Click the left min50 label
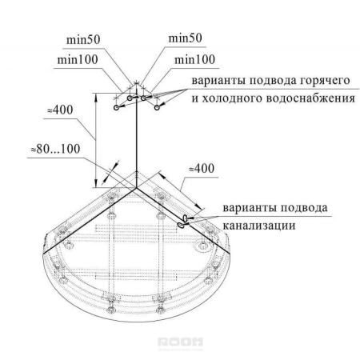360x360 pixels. pyautogui.click(x=83, y=40)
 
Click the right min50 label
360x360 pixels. pyautogui.click(x=185, y=38)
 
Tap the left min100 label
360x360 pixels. pyautogui.click(x=78, y=59)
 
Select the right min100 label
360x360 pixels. pyautogui.click(x=194, y=59)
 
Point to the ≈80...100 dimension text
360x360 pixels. pyautogui.click(x=55, y=149)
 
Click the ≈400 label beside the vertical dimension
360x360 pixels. pyautogui.click(x=60, y=110)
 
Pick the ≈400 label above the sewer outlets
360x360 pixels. pyautogui.click(x=202, y=169)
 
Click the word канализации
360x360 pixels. pyautogui.click(x=259, y=226)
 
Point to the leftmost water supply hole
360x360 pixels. pyautogui.click(x=116, y=107)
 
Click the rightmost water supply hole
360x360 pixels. pyautogui.click(x=157, y=107)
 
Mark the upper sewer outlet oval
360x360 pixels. pyautogui.click(x=185, y=218)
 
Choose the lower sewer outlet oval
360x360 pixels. pyautogui.click(x=180, y=225)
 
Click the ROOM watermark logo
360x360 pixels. pyautogui.click(x=180, y=342)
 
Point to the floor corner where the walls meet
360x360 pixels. pyautogui.click(x=136, y=188)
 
